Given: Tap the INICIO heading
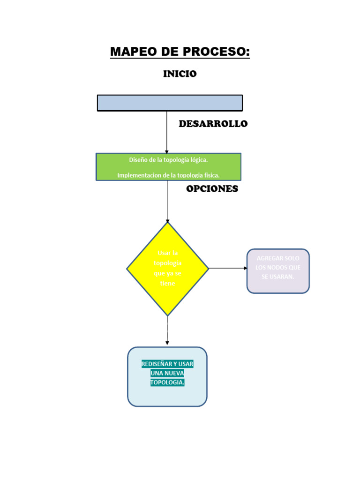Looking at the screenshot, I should tap(180, 74).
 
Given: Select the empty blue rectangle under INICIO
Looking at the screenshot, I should tap(170, 103).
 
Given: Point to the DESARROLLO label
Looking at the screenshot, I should tap(213, 124).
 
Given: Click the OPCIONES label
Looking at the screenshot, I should tap(212, 189).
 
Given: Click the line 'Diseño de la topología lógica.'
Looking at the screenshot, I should tap(168, 160).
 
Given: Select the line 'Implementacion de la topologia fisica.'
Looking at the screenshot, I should tap(168, 175).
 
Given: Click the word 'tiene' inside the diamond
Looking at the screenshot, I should tap(167, 283).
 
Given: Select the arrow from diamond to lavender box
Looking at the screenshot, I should tap(228, 268).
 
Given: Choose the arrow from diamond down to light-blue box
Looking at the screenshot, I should tap(167, 331).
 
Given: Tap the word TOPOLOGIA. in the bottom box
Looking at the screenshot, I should tap(167, 382).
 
